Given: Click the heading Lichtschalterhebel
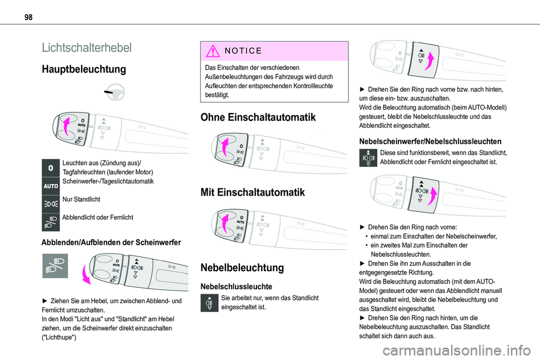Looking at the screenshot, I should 87,47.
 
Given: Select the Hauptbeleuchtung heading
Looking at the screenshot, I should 83,70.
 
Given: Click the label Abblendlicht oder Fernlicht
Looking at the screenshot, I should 98,217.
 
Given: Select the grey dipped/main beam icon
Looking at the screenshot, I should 55,265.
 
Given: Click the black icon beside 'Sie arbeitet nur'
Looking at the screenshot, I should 209,302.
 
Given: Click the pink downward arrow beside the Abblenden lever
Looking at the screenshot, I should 85,275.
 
